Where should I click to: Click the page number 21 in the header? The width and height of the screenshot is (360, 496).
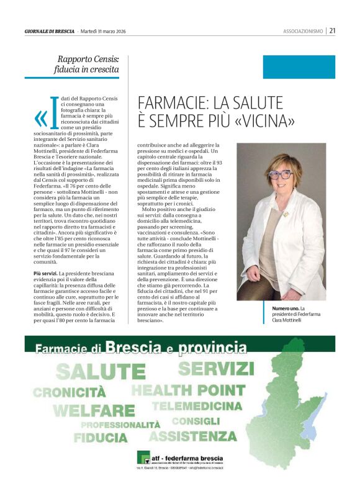(332, 30)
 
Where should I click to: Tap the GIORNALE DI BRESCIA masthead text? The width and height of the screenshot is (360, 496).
(49, 30)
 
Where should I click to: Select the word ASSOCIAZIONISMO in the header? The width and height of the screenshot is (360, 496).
(303, 30)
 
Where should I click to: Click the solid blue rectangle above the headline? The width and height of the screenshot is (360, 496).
(299, 67)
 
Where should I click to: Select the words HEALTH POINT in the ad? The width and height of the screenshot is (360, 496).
(187, 390)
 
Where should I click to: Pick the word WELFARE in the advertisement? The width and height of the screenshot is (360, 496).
(93, 410)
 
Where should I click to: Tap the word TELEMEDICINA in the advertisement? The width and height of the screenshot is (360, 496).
(197, 406)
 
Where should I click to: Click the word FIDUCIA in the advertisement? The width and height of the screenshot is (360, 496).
(101, 438)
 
